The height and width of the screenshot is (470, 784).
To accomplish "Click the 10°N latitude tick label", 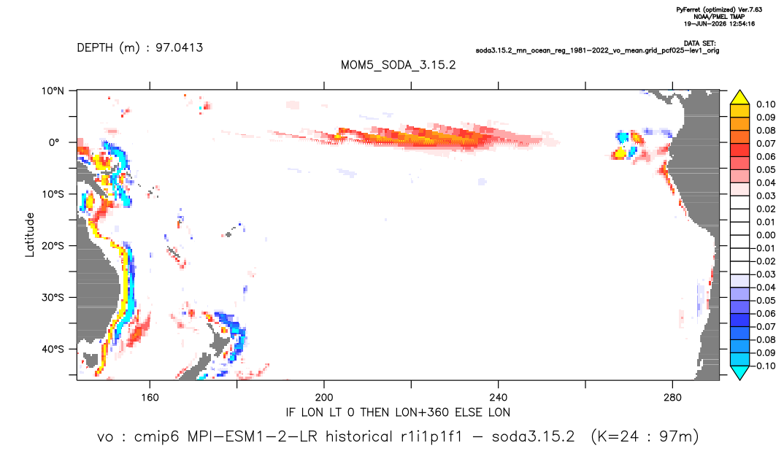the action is point(53,91).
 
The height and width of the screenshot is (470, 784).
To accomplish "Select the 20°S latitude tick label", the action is point(53,246).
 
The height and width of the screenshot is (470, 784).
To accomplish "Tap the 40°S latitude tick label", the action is point(53,349).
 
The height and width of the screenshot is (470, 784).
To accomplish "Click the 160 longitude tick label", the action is point(150,398).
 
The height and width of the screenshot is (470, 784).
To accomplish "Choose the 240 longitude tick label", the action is point(499,398).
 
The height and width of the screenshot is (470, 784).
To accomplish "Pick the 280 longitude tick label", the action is point(672,398).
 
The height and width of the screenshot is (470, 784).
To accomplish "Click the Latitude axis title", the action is point(30,235).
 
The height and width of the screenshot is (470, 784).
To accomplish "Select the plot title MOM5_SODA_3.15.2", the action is point(399,65).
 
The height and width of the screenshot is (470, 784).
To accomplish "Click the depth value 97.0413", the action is point(179,47).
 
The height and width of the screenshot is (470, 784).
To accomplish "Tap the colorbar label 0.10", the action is point(766,104).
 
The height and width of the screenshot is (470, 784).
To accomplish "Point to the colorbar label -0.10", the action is point(764,366).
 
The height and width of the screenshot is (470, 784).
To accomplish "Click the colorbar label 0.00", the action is point(766,236).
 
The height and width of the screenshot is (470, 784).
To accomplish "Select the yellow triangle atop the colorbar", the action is point(739,98).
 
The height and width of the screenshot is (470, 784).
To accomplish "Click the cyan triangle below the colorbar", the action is point(739,373).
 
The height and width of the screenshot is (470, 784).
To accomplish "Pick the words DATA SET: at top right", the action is point(699,44).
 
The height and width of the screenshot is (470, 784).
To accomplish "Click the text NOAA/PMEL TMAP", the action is point(719,17).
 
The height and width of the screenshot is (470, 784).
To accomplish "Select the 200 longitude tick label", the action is point(324,398).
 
